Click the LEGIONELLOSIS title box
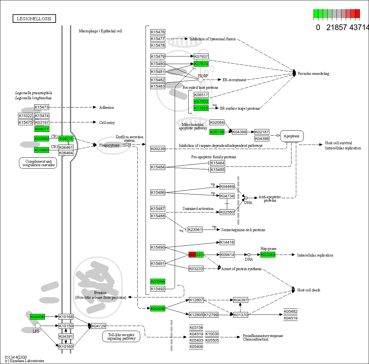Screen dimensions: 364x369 click(34, 19)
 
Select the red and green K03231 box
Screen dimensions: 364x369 click(196, 255)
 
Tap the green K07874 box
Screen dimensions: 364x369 click(201, 64)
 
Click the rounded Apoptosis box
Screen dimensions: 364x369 click(291, 136)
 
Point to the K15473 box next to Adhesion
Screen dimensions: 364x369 click(42, 107)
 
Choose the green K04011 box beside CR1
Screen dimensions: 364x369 click(66, 139)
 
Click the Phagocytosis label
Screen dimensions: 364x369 click(109, 145)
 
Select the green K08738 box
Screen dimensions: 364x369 click(217, 132)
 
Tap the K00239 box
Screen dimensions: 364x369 click(158, 148)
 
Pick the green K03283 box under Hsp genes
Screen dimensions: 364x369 click(268, 255)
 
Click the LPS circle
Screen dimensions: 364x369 click(38, 326)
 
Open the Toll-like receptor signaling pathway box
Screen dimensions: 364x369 click(121, 336)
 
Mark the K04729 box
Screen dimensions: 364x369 click(98, 326)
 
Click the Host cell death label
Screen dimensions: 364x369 click(309, 290)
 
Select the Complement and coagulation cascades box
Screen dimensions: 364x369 click(38, 163)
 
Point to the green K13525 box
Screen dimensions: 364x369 click(201, 108)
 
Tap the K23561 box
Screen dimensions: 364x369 click(195, 230)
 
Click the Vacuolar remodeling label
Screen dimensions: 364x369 click(313, 74)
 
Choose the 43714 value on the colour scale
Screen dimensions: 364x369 click(359, 28)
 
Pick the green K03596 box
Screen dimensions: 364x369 click(158, 282)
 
